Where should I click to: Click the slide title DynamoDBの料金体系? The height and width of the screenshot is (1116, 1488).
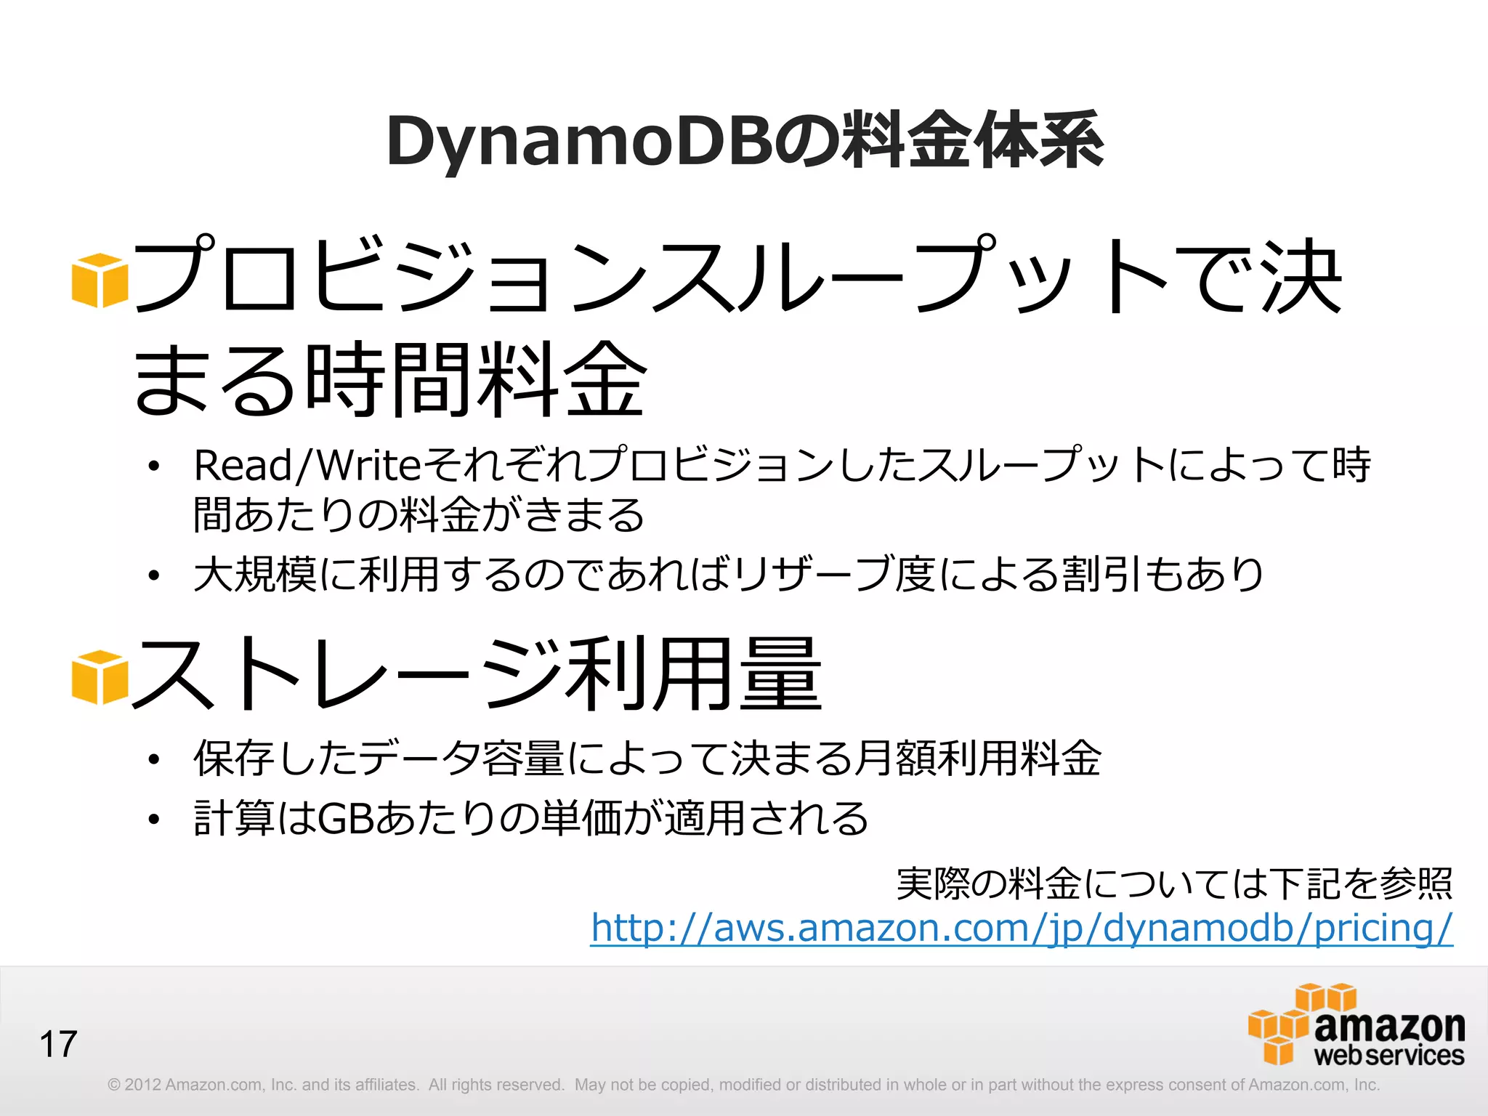745,141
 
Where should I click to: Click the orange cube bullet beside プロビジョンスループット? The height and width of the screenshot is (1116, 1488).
100,280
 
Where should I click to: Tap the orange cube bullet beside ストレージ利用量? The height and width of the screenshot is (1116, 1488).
100,677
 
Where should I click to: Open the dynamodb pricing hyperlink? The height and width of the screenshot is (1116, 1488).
1022,928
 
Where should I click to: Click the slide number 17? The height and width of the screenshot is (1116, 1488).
58,1044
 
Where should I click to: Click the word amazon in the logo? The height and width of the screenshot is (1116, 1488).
1389,1026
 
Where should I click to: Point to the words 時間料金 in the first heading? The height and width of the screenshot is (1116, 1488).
476,380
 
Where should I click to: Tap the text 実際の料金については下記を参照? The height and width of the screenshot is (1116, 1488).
1174,884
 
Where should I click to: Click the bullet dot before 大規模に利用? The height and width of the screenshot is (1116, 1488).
153,576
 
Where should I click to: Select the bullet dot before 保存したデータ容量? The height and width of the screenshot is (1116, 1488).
153,760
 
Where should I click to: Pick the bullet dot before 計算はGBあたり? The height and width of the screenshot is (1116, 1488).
153,820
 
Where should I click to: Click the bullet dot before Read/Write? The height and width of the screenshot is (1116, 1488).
153,467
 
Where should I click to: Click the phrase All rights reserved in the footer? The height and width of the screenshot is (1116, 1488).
496,1085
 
